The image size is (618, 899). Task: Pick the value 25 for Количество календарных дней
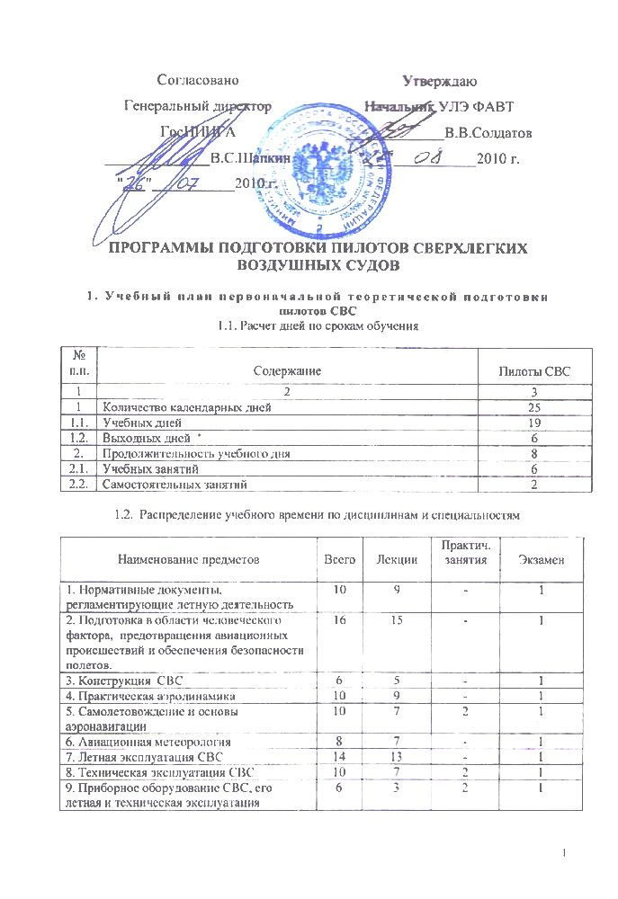535,408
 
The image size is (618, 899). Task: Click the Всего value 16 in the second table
338,620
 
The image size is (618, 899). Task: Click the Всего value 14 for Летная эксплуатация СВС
338,757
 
